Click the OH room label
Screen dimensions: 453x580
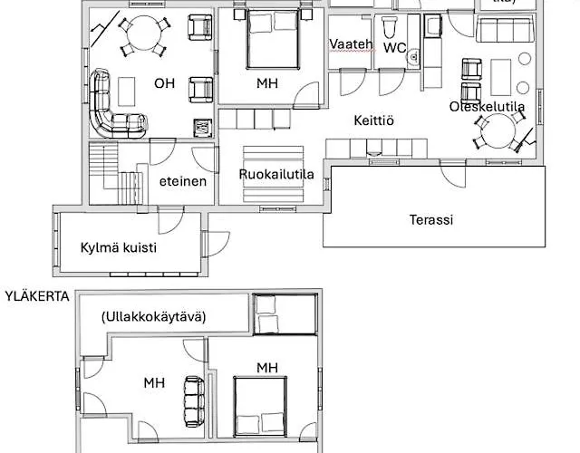pos(164,83)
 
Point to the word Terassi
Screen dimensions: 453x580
pos(431,219)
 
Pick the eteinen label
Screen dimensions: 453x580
pos(183,180)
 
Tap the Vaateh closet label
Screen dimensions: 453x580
pos(352,45)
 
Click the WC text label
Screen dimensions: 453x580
pos(394,46)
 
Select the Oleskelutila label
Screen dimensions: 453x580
pos(488,107)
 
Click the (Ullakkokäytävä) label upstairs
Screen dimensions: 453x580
pos(153,316)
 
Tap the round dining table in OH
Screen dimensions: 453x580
pos(141,34)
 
